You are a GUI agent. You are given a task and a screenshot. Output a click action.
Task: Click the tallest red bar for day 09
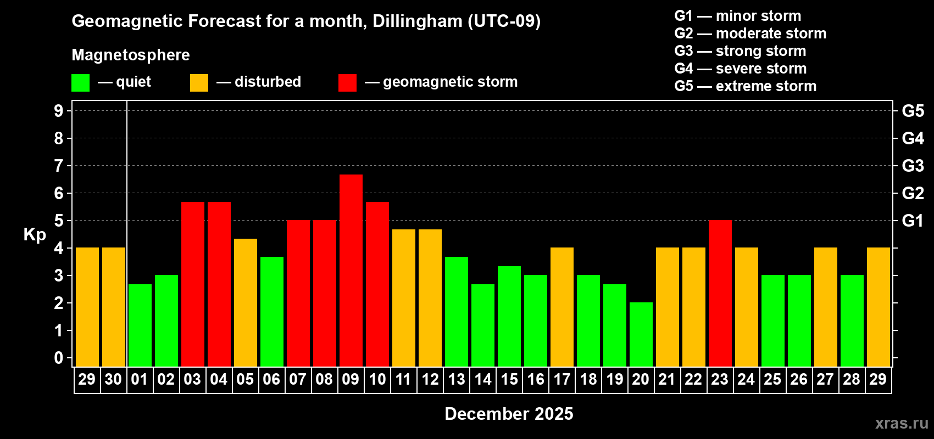[351, 270]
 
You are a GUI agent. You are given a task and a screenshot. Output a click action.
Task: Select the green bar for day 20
[641, 334]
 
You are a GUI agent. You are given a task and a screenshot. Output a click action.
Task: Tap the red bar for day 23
[720, 293]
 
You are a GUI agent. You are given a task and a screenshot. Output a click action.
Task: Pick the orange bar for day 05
[246, 302]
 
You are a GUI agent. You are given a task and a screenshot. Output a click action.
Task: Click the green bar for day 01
[140, 325]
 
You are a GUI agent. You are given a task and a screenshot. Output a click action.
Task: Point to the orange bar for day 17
[562, 307]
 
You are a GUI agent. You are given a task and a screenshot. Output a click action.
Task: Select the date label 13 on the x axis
[457, 379]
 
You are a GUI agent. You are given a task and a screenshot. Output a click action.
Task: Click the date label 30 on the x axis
[113, 379]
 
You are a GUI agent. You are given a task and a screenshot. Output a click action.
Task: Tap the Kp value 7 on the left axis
[59, 166]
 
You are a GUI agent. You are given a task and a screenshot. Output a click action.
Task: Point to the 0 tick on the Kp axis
[59, 358]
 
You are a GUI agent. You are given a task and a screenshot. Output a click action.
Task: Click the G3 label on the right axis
[913, 166]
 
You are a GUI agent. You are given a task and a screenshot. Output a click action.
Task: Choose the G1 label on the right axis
[913, 221]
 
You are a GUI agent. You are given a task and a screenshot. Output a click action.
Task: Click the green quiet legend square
[81, 83]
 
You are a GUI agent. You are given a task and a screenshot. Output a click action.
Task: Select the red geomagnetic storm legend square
[347, 83]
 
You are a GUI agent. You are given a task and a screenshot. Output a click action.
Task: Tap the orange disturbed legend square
[199, 83]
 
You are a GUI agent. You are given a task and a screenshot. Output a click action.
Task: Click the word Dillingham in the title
[417, 21]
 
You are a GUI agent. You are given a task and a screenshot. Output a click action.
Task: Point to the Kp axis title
[35, 235]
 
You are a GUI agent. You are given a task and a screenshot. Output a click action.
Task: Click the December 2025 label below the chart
[509, 414]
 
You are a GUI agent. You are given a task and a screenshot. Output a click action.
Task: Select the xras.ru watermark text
[901, 423]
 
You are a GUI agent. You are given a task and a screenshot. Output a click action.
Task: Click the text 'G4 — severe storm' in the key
[740, 69]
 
